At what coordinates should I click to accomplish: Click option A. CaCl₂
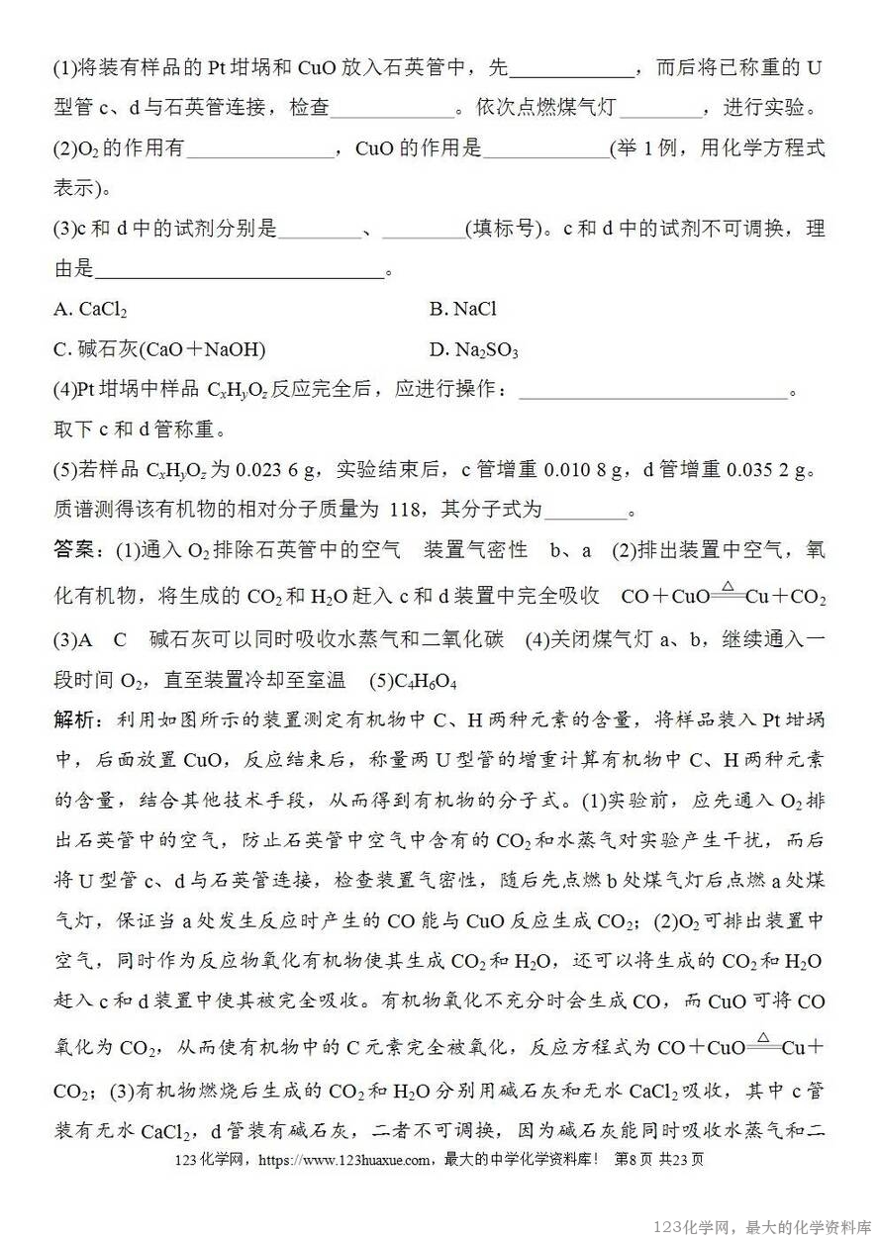coord(90,310)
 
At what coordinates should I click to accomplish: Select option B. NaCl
coord(462,310)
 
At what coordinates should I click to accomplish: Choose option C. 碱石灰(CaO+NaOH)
coord(159,350)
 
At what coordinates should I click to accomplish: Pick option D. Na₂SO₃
coord(474,350)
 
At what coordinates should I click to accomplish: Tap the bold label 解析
coord(76,720)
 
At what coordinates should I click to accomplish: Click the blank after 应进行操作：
coord(652,391)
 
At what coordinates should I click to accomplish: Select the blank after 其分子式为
coord(586,512)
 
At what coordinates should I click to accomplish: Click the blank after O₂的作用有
coord(259,150)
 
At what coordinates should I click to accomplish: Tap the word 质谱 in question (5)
coord(74,510)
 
